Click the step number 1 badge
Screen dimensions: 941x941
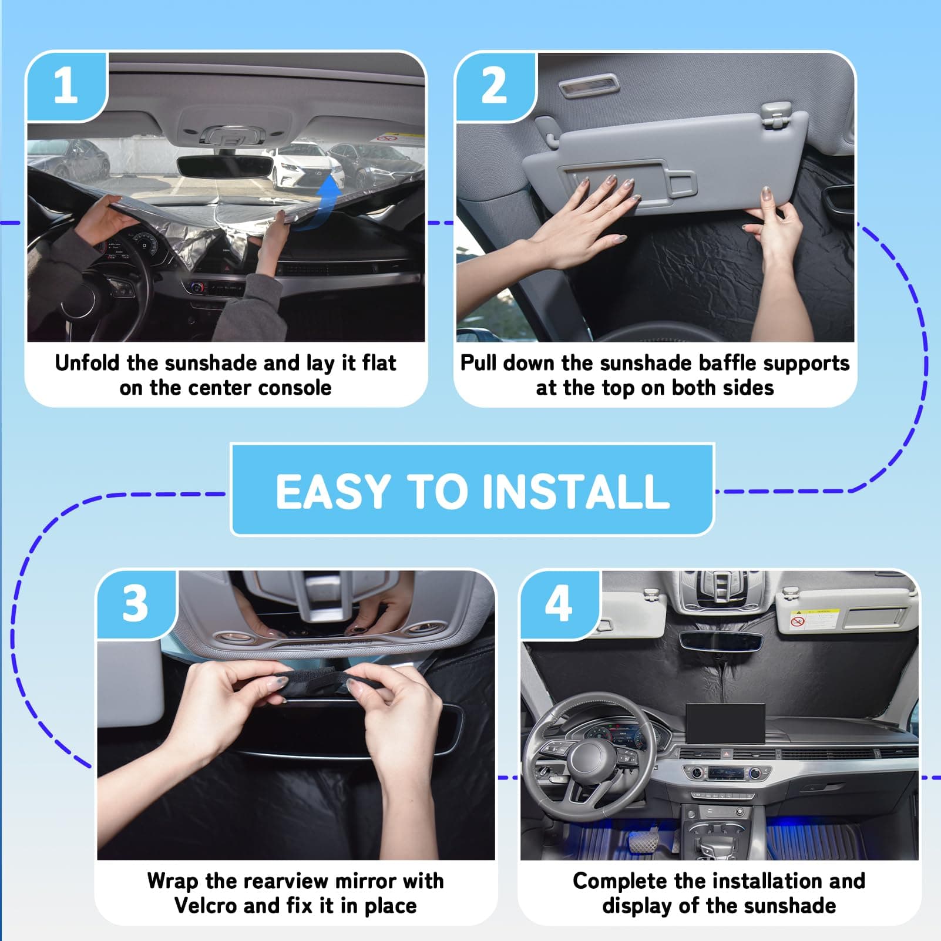[x=66, y=86]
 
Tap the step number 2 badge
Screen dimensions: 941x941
[x=495, y=86]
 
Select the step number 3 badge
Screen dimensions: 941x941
[x=136, y=604]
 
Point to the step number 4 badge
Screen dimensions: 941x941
[x=559, y=604]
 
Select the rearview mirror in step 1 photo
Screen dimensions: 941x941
[x=224, y=167]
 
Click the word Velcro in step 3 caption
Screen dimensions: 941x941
[x=206, y=905]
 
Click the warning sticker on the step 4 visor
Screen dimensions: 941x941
[x=814, y=619]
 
